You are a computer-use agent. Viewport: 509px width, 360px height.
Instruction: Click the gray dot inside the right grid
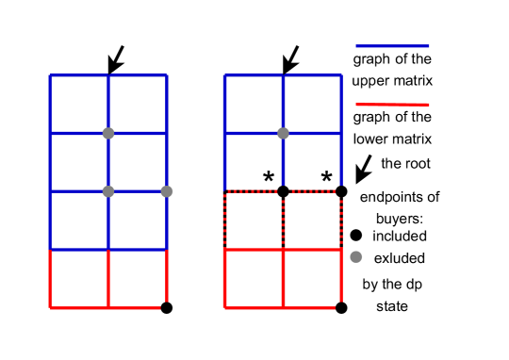coord(283,133)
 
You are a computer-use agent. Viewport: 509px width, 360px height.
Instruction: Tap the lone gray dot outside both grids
coord(355,256)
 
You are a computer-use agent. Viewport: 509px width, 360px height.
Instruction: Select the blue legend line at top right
coord(392,46)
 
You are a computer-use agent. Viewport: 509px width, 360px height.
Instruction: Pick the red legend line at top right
coord(392,105)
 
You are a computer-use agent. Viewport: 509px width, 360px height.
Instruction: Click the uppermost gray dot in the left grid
coord(108,133)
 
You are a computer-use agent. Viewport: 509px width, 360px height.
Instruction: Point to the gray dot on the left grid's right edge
coord(167,191)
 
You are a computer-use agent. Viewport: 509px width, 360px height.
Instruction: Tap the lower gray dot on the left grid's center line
coord(108,191)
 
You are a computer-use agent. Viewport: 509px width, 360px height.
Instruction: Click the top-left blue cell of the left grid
coord(79,104)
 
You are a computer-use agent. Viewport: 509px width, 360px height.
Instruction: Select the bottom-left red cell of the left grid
coord(79,279)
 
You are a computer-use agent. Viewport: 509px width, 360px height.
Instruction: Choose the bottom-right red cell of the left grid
coord(138,279)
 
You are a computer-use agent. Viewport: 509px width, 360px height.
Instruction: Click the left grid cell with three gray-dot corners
coord(138,162)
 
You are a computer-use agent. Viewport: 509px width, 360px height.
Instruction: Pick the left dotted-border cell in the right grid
coord(254,221)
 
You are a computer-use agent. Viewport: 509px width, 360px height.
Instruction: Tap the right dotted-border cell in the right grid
coord(312,221)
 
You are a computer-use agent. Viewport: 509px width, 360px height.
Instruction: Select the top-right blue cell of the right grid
coord(312,104)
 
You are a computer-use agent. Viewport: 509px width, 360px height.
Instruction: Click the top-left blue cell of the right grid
coord(254,104)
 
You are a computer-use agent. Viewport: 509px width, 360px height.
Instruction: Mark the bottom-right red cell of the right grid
coord(312,279)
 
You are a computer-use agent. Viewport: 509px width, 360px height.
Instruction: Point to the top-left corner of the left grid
coord(50,75)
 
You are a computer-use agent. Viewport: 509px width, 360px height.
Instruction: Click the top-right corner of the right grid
coord(341,75)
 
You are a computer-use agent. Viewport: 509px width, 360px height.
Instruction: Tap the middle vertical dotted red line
coord(283,221)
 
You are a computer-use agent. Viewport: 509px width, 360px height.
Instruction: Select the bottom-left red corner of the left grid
coord(50,307)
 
